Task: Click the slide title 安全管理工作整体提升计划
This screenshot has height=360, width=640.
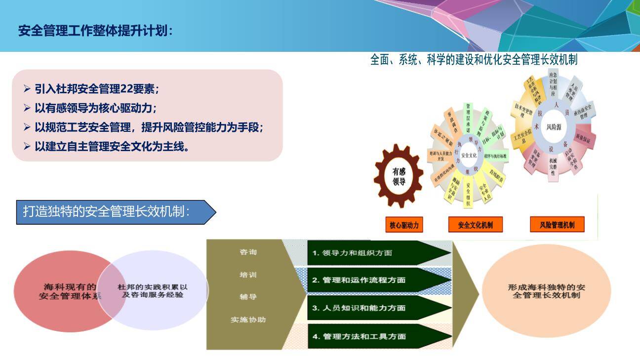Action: pyautogui.click(x=96, y=31)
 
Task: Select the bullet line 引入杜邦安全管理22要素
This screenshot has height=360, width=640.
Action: pyautogui.click(x=96, y=89)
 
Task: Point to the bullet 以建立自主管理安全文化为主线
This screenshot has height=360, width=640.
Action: pyautogui.click(x=112, y=146)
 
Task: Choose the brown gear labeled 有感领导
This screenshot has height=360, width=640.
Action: pyautogui.click(x=399, y=176)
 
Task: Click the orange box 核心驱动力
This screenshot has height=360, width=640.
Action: pyautogui.click(x=404, y=225)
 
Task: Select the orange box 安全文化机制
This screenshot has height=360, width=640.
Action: pyautogui.click(x=475, y=225)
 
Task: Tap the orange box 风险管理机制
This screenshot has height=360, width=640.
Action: pyautogui.click(x=557, y=225)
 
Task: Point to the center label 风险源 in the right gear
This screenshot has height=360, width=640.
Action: pyautogui.click(x=554, y=127)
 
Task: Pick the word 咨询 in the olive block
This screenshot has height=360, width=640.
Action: pyautogui.click(x=248, y=252)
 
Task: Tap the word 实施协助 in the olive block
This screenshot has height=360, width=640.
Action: pyautogui.click(x=248, y=320)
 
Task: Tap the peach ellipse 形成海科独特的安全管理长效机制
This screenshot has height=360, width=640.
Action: pyautogui.click(x=546, y=291)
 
